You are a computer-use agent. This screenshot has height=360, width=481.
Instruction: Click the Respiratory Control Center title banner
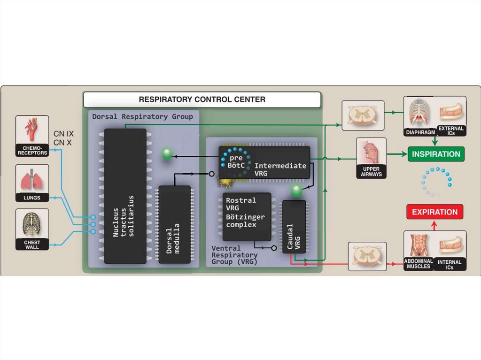(x=202, y=100)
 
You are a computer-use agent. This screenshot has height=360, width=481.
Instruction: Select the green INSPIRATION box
(x=435, y=154)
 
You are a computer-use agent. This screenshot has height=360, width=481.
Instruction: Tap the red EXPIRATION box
(x=434, y=212)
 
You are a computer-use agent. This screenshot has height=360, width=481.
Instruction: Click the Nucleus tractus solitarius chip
(x=125, y=196)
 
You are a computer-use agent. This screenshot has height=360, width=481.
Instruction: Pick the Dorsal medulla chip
(x=174, y=224)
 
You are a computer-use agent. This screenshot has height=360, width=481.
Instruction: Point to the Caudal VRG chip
(x=294, y=227)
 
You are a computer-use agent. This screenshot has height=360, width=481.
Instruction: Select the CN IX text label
(x=63, y=134)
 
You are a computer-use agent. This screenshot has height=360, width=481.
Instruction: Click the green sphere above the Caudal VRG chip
(x=296, y=190)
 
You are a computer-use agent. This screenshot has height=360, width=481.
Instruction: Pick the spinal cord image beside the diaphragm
(x=363, y=115)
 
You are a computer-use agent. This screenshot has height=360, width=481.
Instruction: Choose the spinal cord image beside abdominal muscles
(x=367, y=256)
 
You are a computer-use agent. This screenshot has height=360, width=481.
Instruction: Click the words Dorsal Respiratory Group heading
(x=142, y=116)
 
